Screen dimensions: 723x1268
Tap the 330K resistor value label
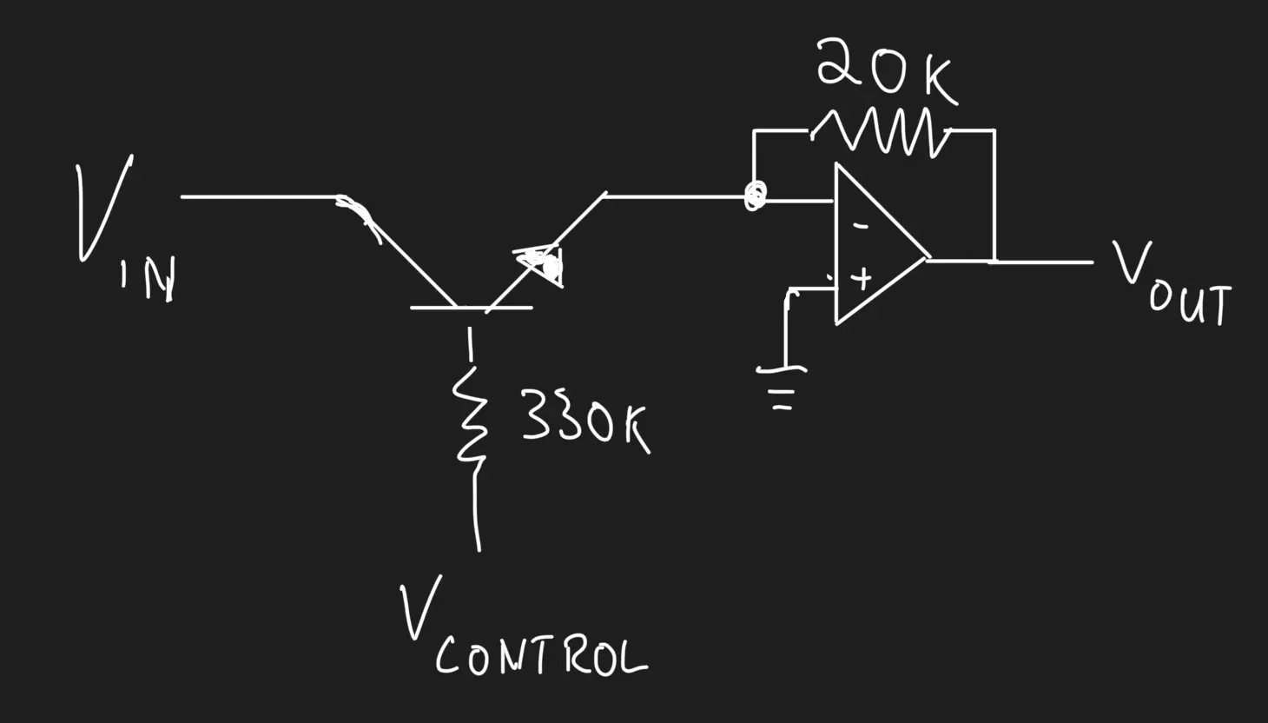pos(584,419)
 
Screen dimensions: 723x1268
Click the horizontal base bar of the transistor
pos(471,307)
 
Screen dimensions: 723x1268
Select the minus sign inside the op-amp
pos(860,226)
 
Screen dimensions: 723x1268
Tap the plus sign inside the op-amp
pos(861,279)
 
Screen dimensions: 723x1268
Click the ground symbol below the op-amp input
pos(783,382)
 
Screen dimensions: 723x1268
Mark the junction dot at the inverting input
pos(755,196)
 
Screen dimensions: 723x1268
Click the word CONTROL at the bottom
pos(541,658)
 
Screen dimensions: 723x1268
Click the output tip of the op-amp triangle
pos(926,258)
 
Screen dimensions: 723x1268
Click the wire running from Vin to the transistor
pos(261,196)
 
